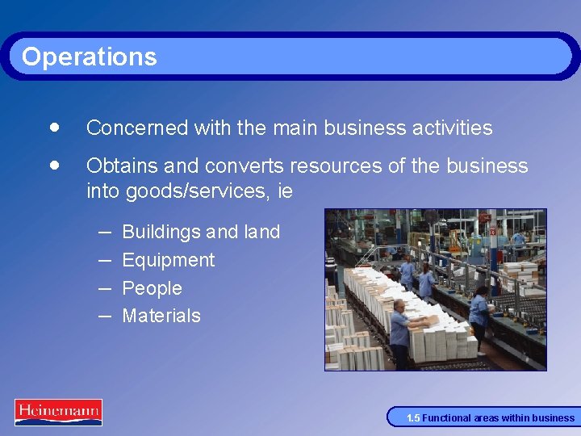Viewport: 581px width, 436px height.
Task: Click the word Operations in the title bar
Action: (89, 57)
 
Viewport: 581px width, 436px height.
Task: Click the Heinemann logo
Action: (58, 412)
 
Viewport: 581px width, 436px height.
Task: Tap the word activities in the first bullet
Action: (453, 128)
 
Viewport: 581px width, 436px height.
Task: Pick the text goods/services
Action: (201, 192)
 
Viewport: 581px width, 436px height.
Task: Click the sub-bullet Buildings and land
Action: (201, 232)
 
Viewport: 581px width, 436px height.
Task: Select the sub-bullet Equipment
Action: (168, 260)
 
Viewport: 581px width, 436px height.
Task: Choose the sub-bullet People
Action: (152, 288)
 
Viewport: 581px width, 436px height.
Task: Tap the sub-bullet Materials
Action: (161, 316)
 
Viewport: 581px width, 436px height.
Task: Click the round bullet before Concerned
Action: (53, 127)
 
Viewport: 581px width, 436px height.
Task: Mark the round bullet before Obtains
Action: (53, 165)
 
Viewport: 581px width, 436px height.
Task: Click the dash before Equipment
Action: (105, 259)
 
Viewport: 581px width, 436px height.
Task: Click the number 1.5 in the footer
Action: (412, 418)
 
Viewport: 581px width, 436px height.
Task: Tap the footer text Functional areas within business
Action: (498, 418)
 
